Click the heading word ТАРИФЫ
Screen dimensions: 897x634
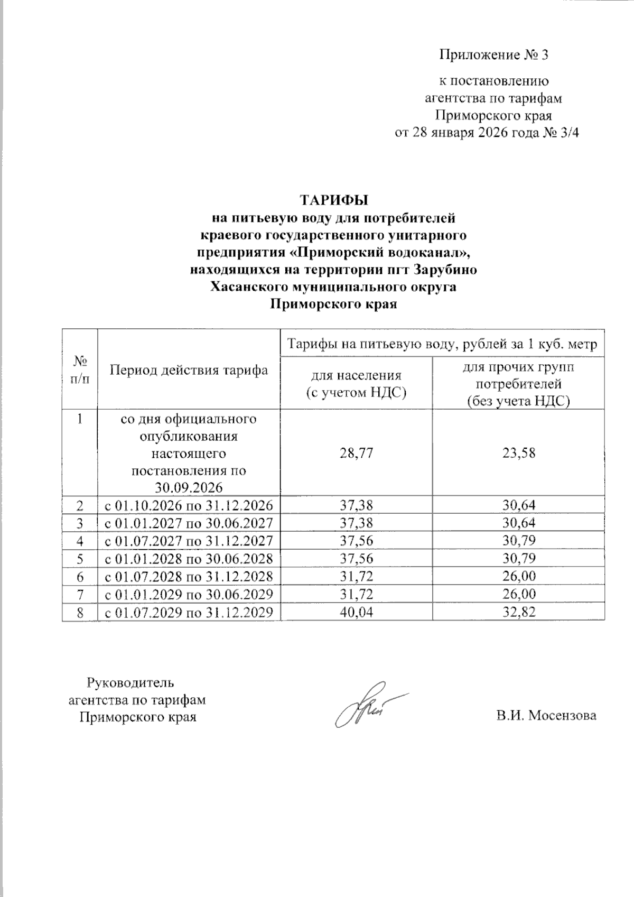(x=333, y=200)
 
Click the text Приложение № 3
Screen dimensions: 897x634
(x=494, y=55)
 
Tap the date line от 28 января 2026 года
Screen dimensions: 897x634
(x=487, y=133)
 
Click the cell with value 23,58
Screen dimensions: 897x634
(x=518, y=453)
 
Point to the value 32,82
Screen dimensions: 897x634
(x=518, y=612)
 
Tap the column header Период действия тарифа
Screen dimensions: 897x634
(x=189, y=370)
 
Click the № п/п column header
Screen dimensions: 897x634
(x=80, y=370)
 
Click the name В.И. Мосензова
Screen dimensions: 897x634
(x=546, y=716)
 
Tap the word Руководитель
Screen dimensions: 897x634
(x=130, y=682)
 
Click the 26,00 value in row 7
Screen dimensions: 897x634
(x=518, y=594)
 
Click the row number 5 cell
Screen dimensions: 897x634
(x=80, y=559)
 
